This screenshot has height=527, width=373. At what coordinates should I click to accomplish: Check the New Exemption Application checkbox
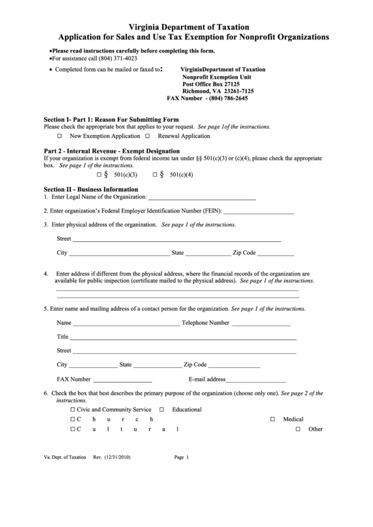click(x=60, y=136)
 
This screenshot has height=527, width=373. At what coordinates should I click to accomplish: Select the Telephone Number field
click(x=260, y=324)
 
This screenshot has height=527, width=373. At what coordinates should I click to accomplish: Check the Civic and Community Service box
click(x=72, y=409)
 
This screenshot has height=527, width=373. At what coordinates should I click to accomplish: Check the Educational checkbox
click(x=163, y=409)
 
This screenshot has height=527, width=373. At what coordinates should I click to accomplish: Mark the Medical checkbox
click(x=272, y=419)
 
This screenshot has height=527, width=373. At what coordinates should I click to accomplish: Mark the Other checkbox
click(x=298, y=429)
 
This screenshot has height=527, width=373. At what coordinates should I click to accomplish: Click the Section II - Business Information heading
click(x=91, y=189)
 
